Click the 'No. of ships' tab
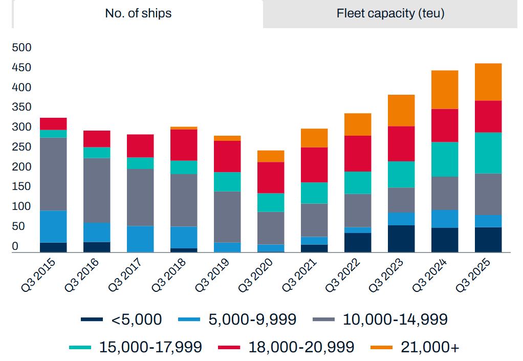pyautogui.click(x=138, y=14)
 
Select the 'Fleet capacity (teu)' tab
pyautogui.click(x=390, y=14)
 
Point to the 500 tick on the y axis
pyautogui.click(x=21, y=48)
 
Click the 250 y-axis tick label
pyautogui.click(x=21, y=147)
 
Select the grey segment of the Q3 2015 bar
pyautogui.click(x=53, y=174)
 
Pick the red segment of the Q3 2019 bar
pyautogui.click(x=227, y=156)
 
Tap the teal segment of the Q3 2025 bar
pyautogui.click(x=488, y=153)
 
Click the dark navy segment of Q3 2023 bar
pyautogui.click(x=401, y=239)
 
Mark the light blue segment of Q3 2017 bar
pyautogui.click(x=140, y=239)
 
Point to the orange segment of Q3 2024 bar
pyautogui.click(x=444, y=90)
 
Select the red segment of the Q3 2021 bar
pyautogui.click(x=314, y=165)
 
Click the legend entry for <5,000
pyautogui.click(x=121, y=320)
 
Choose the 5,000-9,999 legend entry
pyautogui.click(x=237, y=320)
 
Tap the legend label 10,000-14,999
pyautogui.click(x=380, y=320)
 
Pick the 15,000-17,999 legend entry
pyautogui.click(x=136, y=347)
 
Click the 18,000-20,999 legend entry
pyautogui.click(x=286, y=347)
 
